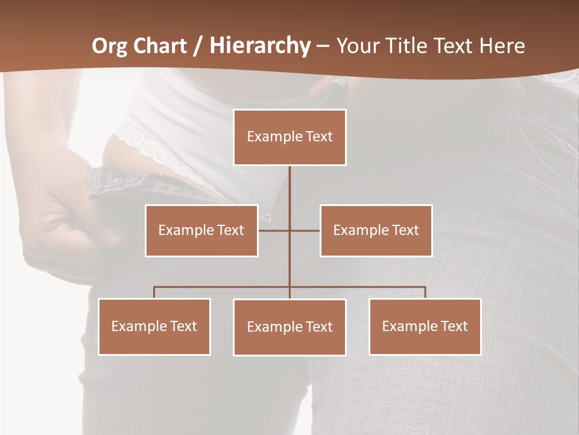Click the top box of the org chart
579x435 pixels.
click(289, 137)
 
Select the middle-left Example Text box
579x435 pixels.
click(201, 230)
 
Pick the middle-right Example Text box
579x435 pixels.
click(376, 230)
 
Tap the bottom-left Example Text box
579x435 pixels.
click(154, 326)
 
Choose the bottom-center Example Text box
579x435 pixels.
click(289, 327)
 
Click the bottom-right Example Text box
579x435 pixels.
click(425, 326)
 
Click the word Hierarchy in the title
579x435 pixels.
click(260, 46)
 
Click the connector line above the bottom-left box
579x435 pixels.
click(154, 292)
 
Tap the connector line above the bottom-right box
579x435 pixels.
click(425, 292)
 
